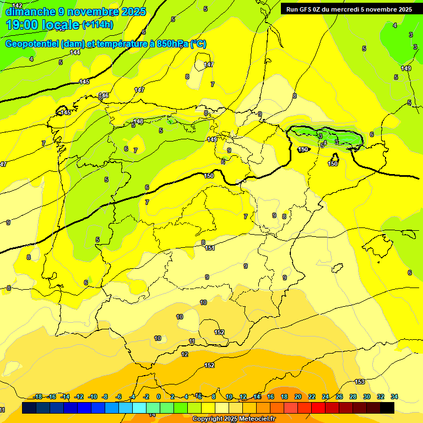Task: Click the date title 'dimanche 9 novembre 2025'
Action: (75, 12)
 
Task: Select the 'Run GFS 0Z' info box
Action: (349, 9)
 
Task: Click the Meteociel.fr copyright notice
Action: (234, 419)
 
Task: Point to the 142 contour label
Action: (18, 5)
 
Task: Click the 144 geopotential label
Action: (75, 52)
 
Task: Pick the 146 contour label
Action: (104, 95)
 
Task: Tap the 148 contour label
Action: (138, 121)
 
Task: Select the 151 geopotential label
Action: (210, 248)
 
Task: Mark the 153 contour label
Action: (360, 382)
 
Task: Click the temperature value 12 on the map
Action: (185, 354)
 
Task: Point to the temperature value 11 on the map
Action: (192, 341)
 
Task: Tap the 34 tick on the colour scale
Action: (394, 397)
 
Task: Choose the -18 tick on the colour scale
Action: (38, 397)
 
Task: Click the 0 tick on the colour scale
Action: (159, 397)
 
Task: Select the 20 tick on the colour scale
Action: (298, 397)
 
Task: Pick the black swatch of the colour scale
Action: (387, 408)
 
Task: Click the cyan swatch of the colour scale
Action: (139, 408)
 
